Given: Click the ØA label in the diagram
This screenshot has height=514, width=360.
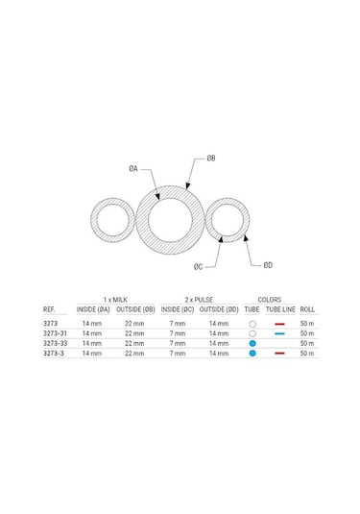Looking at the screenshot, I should click(134, 168).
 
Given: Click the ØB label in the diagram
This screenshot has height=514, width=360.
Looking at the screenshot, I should click(211, 157).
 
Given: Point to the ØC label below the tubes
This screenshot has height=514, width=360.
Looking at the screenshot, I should click(198, 266).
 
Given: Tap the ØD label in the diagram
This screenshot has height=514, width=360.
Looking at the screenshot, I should click(268, 264).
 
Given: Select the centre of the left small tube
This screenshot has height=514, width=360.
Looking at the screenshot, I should click(112, 220).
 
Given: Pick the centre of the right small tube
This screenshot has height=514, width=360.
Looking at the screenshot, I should click(228, 221).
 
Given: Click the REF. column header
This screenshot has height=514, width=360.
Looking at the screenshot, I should click(50, 310).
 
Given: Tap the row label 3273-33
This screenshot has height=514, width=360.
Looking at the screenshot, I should click(55, 343).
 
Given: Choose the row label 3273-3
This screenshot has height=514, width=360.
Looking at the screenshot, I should click(53, 354).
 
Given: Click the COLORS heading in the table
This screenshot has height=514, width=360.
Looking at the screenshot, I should click(270, 300).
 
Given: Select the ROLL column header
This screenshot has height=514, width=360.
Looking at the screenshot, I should click(307, 310).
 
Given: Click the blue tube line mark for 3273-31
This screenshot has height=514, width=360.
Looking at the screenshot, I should click(279, 333).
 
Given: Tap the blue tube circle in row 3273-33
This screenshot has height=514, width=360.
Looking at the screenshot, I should click(252, 343).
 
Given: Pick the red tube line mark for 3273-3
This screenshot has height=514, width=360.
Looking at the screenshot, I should click(279, 354).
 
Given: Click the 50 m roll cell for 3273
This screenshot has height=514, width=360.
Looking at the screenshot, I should click(307, 324).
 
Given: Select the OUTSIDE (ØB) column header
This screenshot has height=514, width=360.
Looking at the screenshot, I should click(136, 310).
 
